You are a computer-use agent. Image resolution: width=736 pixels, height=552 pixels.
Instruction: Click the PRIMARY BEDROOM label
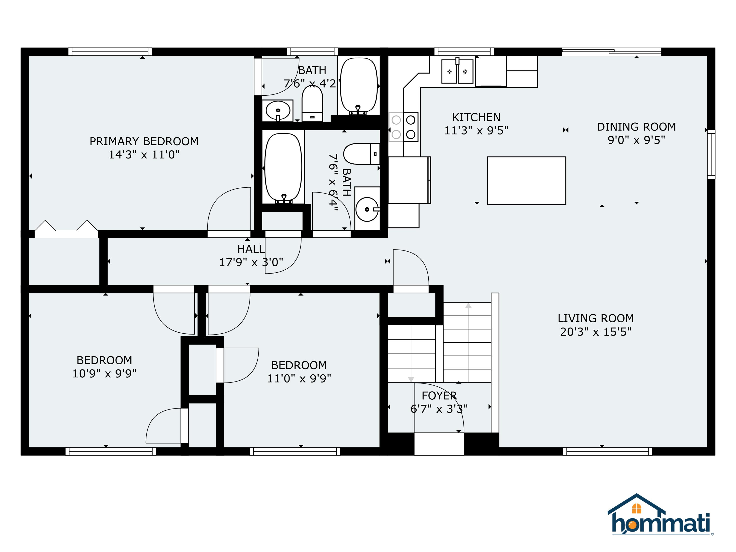144,141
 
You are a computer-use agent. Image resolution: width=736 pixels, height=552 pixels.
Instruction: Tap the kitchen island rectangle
526,180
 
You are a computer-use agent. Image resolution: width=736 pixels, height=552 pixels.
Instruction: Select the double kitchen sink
457,71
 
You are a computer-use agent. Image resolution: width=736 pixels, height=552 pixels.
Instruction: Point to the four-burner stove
403,127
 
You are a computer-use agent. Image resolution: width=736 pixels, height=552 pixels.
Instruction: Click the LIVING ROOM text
596,318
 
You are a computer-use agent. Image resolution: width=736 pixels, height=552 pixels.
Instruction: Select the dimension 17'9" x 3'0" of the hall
251,263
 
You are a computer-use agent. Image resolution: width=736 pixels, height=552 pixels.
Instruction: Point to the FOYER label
439,396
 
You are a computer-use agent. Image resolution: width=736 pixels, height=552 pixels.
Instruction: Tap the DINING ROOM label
636,127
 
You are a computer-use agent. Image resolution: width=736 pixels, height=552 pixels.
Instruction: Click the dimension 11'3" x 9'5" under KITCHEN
476,131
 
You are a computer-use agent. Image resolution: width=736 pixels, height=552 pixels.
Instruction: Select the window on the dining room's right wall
711,154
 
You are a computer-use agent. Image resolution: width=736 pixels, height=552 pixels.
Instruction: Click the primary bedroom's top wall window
110,52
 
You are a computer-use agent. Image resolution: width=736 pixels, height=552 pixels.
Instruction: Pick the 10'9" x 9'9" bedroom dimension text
105,374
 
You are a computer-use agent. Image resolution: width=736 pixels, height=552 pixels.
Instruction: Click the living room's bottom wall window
607,451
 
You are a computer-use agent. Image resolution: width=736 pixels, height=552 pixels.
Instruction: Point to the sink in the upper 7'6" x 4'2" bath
277,110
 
